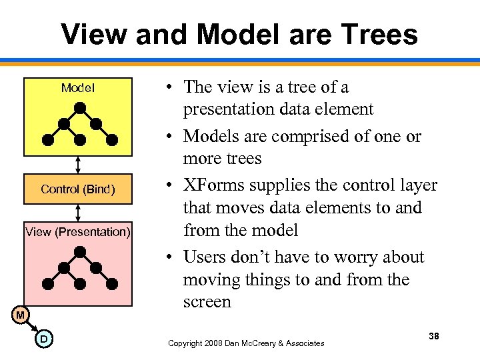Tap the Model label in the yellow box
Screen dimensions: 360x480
[78, 88]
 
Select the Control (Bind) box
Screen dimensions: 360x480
[78, 189]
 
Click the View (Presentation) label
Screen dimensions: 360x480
[78, 232]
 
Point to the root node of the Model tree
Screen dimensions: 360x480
[80, 107]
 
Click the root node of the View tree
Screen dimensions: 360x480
[80, 251]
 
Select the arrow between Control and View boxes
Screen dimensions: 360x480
[79, 211]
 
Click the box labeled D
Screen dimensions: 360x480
[43, 339]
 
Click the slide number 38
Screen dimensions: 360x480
[434, 337]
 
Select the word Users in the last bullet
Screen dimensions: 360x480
[205, 257]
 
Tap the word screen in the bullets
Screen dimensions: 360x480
[207, 302]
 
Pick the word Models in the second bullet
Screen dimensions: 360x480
[209, 137]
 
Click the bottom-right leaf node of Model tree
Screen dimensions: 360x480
[112, 140]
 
